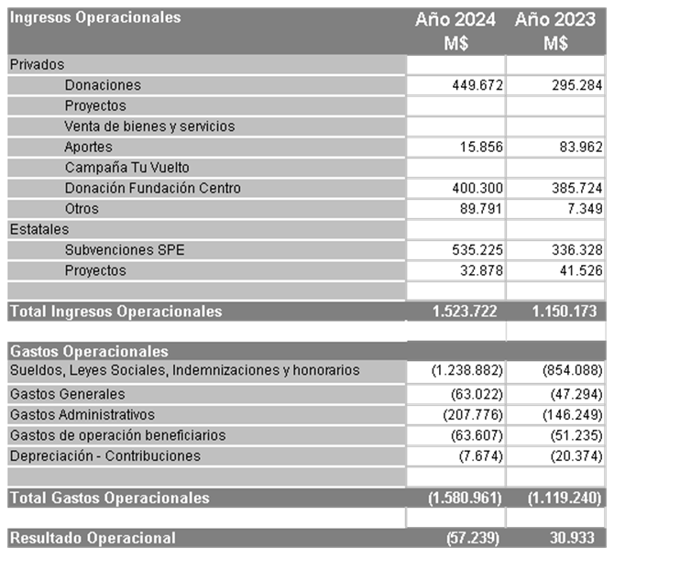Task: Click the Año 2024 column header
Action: coord(455,20)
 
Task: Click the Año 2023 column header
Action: coord(555,20)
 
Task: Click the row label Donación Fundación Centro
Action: coord(153,188)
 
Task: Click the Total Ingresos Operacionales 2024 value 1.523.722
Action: coord(465,312)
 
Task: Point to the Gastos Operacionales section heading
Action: coord(89,351)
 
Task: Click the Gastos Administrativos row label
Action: coord(82,415)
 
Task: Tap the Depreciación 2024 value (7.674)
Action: coord(479,455)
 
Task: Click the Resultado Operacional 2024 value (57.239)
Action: coord(473,538)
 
